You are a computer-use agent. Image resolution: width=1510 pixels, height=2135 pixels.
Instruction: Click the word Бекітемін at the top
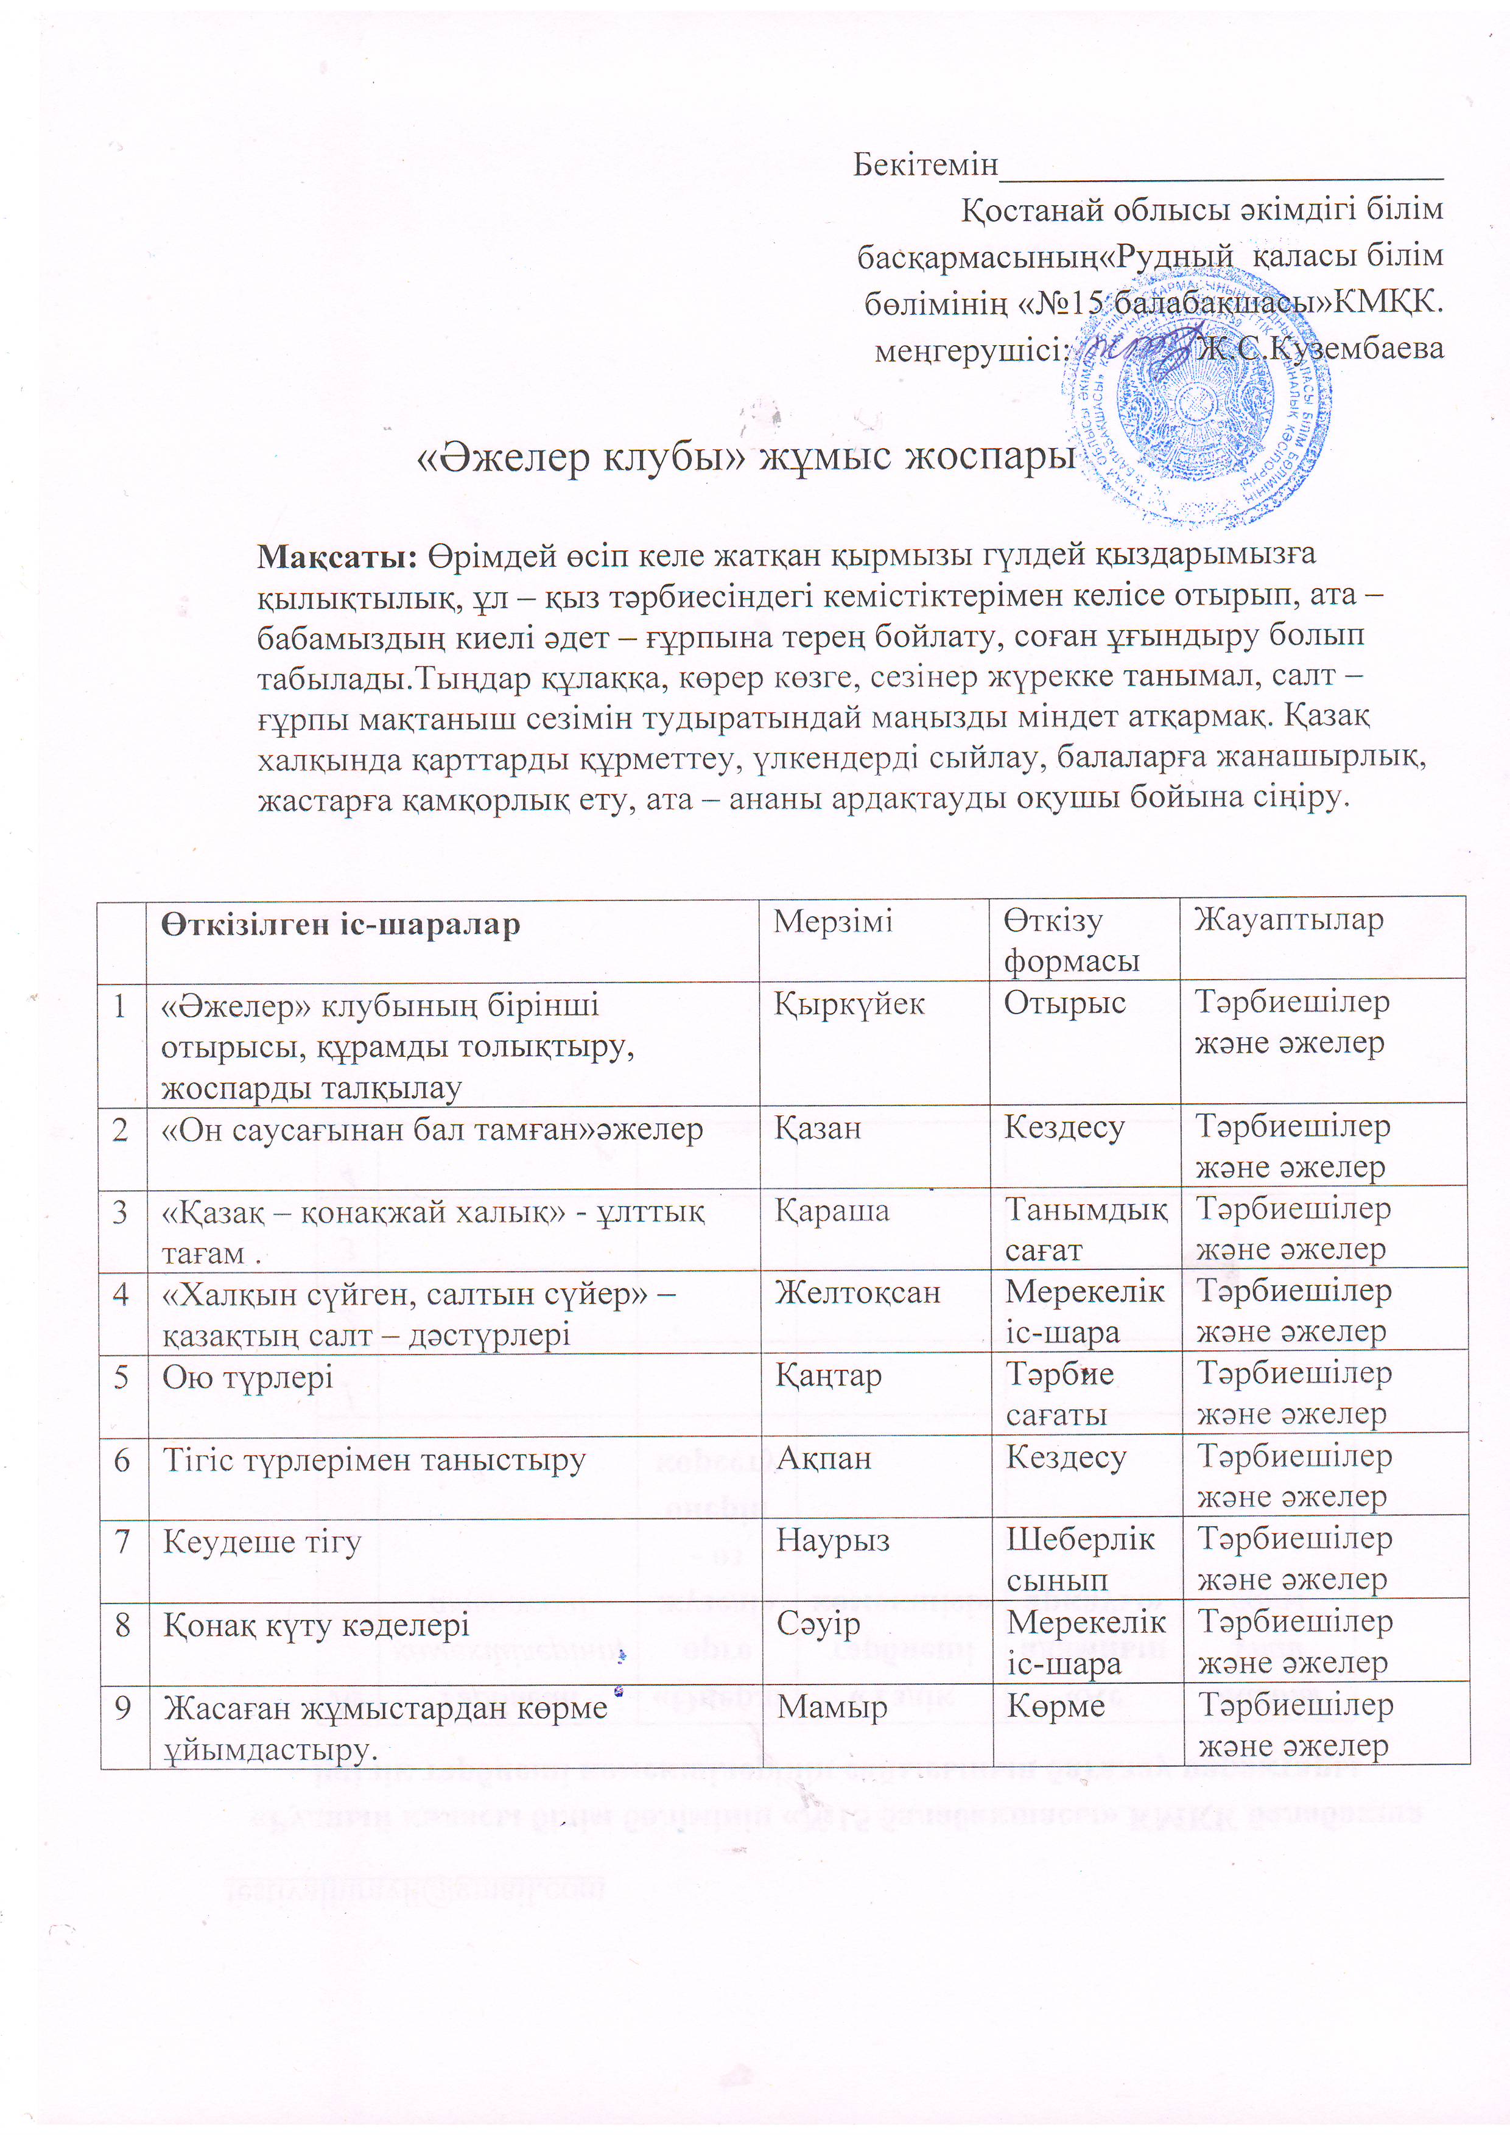point(924,164)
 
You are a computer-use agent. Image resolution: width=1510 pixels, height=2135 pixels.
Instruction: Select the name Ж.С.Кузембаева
point(1320,349)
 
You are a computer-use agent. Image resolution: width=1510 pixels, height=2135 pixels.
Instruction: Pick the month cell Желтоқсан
point(857,1292)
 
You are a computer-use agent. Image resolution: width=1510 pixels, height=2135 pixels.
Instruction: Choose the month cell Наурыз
point(832,1540)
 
